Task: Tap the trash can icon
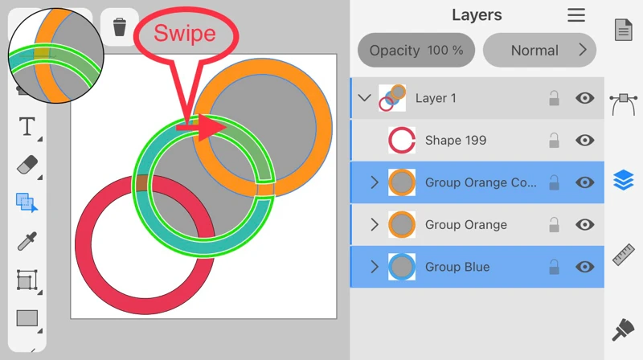pyautogui.click(x=120, y=28)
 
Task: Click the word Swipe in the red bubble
pyautogui.click(x=185, y=34)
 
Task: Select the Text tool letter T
pyautogui.click(x=27, y=126)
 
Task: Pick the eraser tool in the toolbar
pyautogui.click(x=27, y=165)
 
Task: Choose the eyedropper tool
pyautogui.click(x=27, y=241)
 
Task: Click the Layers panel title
pyautogui.click(x=477, y=15)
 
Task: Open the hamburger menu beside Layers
pyautogui.click(x=576, y=15)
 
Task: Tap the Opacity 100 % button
pyautogui.click(x=416, y=50)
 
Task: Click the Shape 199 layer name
pyautogui.click(x=455, y=141)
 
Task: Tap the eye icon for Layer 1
pyautogui.click(x=584, y=98)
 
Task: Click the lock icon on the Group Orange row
pyautogui.click(x=554, y=225)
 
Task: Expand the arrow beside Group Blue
pyautogui.click(x=374, y=267)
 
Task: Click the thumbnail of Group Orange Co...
pyautogui.click(x=401, y=182)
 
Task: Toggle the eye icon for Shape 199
pyautogui.click(x=584, y=141)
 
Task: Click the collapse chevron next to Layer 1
pyautogui.click(x=364, y=98)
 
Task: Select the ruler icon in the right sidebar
pyautogui.click(x=624, y=253)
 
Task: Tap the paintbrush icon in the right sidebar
pyautogui.click(x=624, y=329)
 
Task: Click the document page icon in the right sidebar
pyautogui.click(x=624, y=30)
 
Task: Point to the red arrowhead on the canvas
pyautogui.click(x=212, y=126)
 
